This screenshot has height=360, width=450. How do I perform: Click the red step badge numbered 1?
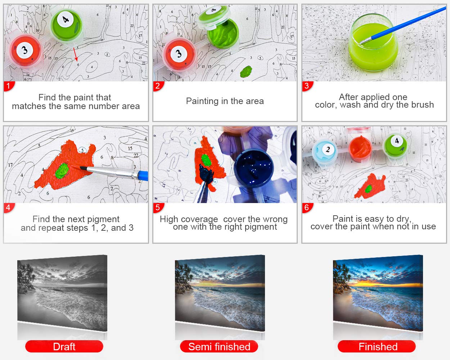click(x=9, y=86)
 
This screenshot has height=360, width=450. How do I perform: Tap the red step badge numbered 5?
click(x=158, y=208)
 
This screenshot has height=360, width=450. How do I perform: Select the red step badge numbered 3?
click(x=307, y=86)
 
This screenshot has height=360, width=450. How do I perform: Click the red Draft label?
click(x=64, y=347)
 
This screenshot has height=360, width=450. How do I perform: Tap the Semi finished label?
click(x=219, y=347)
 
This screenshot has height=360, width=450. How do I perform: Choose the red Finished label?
click(x=377, y=347)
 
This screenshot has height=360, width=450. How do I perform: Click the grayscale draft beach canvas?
click(x=62, y=293)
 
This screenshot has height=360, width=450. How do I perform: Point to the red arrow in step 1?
click(x=76, y=54)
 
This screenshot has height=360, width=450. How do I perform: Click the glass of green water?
click(x=373, y=43)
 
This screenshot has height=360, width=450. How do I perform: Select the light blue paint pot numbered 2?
click(x=324, y=151)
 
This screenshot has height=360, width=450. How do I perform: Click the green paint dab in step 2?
click(x=246, y=71)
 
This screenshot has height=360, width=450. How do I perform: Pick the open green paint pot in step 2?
click(x=223, y=33)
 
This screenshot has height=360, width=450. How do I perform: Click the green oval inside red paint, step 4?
click(x=62, y=171)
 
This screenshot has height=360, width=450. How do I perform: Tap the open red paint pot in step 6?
click(x=360, y=148)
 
